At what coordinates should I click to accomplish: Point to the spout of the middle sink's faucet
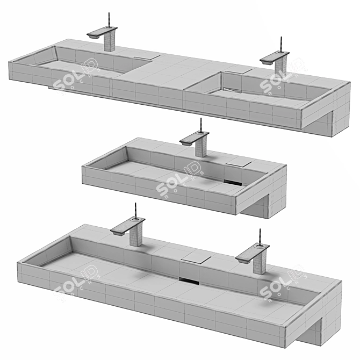189,140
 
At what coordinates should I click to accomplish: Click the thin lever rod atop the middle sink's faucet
201,126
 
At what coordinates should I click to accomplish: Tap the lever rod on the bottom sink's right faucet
261,236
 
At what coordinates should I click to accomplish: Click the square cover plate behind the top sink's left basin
146,56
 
